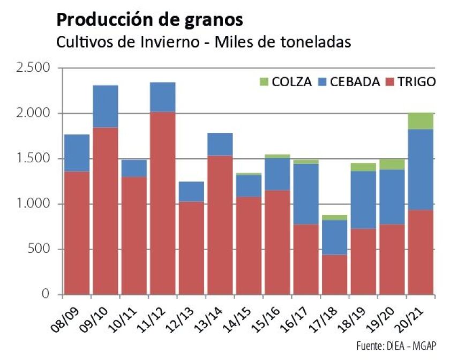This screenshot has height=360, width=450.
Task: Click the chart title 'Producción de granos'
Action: tap(149, 20)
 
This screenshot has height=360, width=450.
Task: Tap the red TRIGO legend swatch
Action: tap(389, 82)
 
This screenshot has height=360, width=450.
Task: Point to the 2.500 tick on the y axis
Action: tap(33, 68)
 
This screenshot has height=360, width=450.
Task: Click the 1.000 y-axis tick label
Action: tap(33, 204)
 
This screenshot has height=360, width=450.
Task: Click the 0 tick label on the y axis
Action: tap(45, 295)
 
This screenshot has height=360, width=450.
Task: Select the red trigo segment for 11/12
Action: tap(162, 204)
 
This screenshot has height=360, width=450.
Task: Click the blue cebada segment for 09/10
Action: tap(105, 106)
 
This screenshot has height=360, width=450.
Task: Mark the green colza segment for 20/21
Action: tap(421, 121)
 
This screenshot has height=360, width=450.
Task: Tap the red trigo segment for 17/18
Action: tap(334, 274)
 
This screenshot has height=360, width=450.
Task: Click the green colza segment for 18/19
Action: tap(363, 167)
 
